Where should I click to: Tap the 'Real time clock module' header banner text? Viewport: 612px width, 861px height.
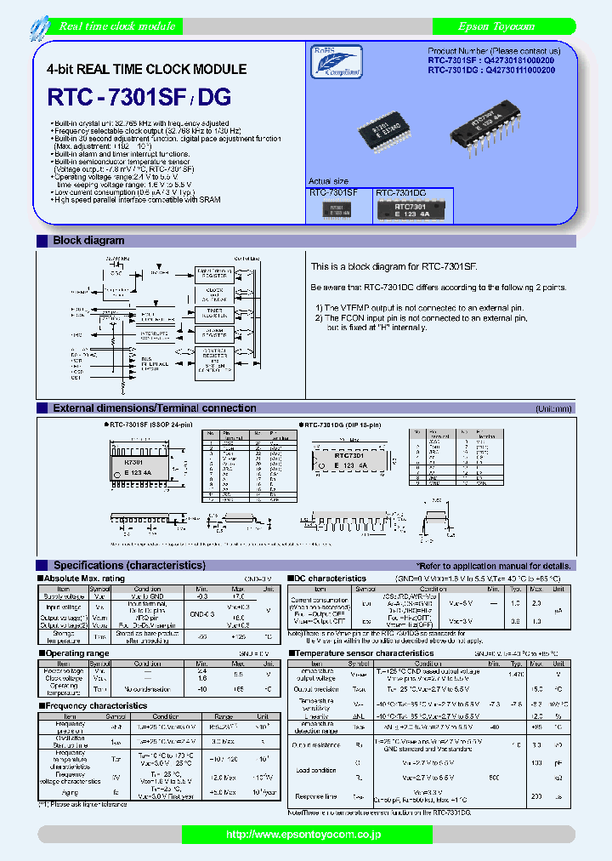tap(118, 26)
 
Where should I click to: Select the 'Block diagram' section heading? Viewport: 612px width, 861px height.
tap(88, 241)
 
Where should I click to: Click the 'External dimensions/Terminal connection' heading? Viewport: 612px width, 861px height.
tap(155, 408)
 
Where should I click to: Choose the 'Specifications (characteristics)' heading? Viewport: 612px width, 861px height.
tap(129, 565)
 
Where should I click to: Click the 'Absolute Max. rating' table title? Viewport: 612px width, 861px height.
tap(84, 579)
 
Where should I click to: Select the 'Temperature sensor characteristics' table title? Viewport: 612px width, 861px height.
tap(364, 653)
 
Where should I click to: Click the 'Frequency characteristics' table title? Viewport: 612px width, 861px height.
tap(96, 705)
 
